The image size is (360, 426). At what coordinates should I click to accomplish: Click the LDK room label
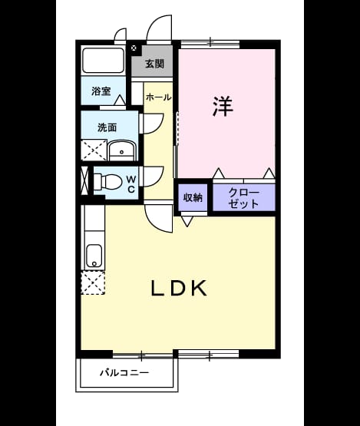(179, 288)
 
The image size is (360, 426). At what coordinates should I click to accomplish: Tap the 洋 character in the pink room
(223, 106)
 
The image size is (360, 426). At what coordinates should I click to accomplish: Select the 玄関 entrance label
(154, 64)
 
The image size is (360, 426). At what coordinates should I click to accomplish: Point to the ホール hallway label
(159, 97)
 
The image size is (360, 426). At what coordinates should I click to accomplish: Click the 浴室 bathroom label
(101, 91)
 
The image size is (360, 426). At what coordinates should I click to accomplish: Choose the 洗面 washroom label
(107, 127)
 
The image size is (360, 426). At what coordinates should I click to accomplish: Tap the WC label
(131, 184)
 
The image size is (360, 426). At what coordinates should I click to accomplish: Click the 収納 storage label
(193, 197)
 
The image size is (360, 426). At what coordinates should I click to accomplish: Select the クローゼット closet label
(244, 198)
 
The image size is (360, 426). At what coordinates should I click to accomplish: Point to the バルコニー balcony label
(124, 372)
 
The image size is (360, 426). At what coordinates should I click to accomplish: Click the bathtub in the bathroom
(104, 61)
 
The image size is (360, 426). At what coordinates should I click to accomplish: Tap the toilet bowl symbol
(107, 182)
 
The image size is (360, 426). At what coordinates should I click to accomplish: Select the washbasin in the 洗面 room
(122, 150)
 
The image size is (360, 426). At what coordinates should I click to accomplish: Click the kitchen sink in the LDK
(94, 256)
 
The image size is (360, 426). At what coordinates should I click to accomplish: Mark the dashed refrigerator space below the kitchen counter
(93, 282)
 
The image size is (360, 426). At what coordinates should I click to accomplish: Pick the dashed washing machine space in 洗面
(94, 150)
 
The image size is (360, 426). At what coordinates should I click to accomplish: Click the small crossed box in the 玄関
(134, 48)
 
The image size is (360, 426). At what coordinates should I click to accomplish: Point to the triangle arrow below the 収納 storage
(187, 221)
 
